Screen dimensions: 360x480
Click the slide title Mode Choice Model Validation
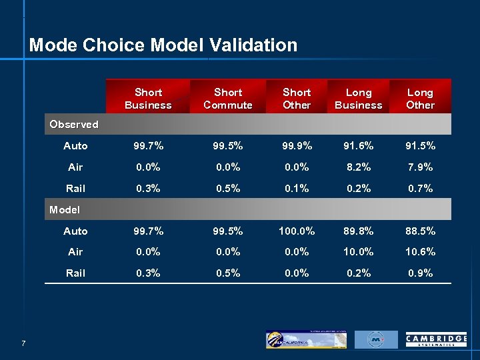[163, 45]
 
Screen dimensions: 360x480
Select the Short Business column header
[148, 99]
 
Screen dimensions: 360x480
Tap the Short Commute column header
[228, 99]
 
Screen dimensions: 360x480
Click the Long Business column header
[359, 99]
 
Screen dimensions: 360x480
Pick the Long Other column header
[420, 99]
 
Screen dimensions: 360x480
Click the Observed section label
[74, 124]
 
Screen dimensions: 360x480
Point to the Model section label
[65, 209]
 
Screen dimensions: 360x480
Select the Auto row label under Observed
[75, 146]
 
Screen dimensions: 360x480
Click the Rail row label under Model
[75, 273]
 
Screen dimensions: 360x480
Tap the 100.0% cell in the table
[297, 231]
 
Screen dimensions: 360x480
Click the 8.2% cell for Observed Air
[359, 167]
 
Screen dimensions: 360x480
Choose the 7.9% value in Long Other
[420, 167]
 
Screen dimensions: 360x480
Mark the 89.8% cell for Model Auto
[359, 231]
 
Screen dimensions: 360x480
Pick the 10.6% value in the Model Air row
[420, 252]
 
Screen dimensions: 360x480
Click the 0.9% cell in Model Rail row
[420, 273]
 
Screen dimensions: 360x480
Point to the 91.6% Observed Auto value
[359, 146]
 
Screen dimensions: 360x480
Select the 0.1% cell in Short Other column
[297, 189]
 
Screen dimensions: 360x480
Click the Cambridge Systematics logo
[436, 340]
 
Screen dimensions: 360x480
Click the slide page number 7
[23, 343]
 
